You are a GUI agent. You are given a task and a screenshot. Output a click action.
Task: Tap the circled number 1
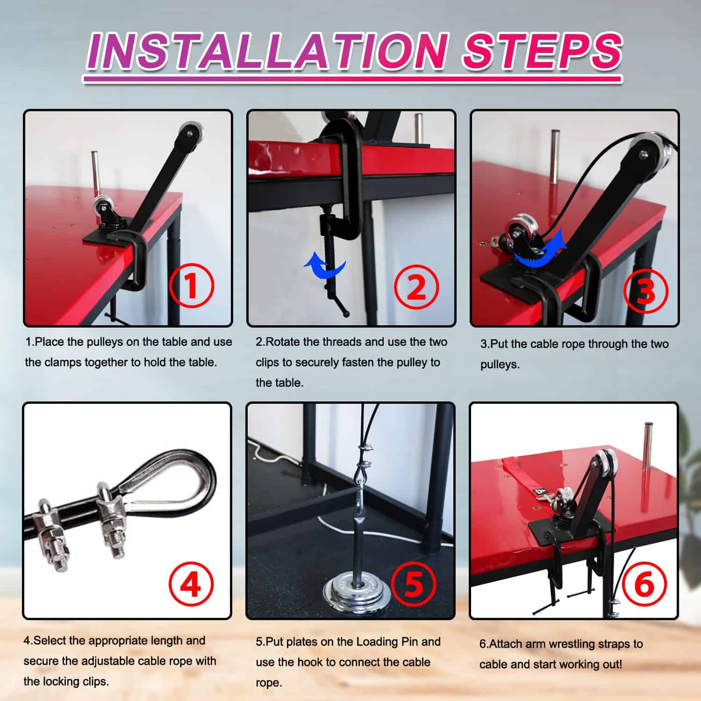192,286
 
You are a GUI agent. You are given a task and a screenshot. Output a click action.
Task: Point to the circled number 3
646,291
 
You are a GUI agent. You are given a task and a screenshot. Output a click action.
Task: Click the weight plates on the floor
357,590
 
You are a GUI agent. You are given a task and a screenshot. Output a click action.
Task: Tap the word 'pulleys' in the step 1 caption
107,342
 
